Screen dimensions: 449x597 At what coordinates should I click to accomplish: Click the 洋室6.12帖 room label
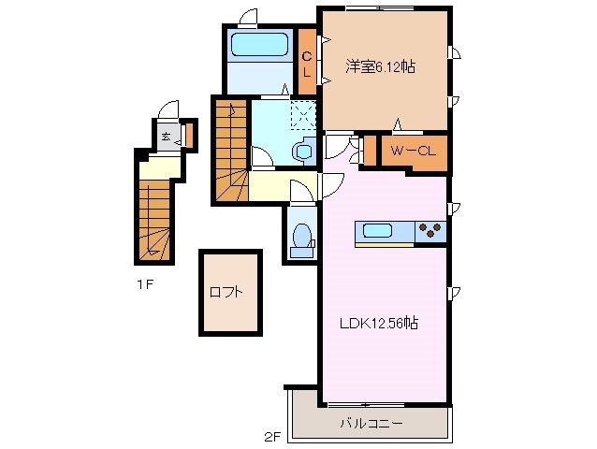381,66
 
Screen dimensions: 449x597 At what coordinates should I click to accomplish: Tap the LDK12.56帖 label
377,324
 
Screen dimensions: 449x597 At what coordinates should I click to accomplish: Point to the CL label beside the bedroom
305,64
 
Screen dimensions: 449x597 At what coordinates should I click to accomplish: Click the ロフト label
226,292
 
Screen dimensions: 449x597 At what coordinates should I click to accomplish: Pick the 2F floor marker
271,435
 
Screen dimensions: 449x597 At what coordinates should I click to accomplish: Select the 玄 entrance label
165,137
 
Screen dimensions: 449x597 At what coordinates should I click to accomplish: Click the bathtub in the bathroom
257,45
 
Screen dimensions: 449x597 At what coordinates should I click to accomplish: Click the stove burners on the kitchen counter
431,230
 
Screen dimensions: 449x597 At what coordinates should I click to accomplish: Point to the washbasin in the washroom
303,151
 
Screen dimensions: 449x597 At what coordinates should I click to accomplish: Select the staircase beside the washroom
230,150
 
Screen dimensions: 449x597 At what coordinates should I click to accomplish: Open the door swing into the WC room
301,192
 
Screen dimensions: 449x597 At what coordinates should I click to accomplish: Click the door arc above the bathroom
247,18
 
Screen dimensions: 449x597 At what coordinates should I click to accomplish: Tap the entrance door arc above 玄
169,109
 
